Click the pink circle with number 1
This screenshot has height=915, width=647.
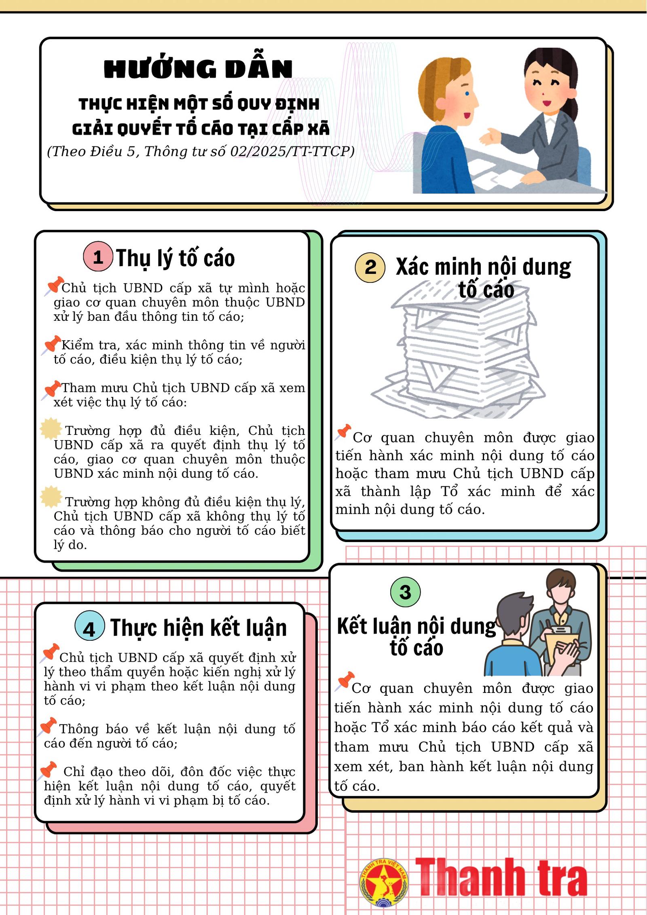coord(98,256)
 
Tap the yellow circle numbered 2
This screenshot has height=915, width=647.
coord(370,267)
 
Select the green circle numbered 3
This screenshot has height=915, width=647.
coord(405,592)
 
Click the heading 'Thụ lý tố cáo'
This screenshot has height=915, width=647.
coord(175,258)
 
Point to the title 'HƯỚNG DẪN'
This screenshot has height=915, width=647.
coord(198,69)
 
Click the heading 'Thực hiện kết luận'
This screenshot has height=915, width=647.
coord(199,628)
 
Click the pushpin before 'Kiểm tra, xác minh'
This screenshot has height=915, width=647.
coord(51,345)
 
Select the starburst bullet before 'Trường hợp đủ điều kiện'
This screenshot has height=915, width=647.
coord(51,428)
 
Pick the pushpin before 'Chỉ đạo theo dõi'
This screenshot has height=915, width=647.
coord(47,771)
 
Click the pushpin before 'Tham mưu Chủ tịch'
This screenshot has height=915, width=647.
coord(51,390)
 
